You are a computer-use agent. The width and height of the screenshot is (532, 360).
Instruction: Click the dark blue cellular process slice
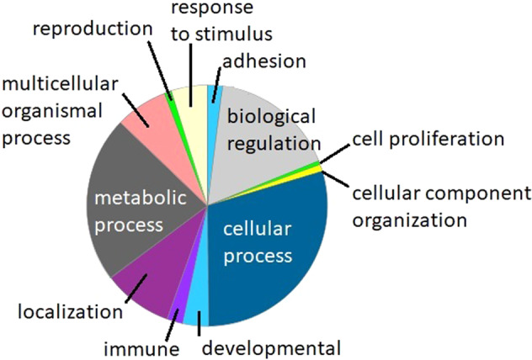pyautogui.click(x=269, y=244)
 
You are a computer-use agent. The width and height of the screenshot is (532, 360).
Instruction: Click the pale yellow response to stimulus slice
pyautogui.click(x=194, y=105)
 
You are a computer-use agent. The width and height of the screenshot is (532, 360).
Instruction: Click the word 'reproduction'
pyautogui.click(x=93, y=29)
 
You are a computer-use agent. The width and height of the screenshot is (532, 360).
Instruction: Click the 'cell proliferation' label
pyautogui.click(x=428, y=137)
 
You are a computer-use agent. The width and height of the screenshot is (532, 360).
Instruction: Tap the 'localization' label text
pyautogui.click(x=69, y=312)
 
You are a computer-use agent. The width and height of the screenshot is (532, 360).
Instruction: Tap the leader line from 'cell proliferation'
pyautogui.click(x=332, y=152)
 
